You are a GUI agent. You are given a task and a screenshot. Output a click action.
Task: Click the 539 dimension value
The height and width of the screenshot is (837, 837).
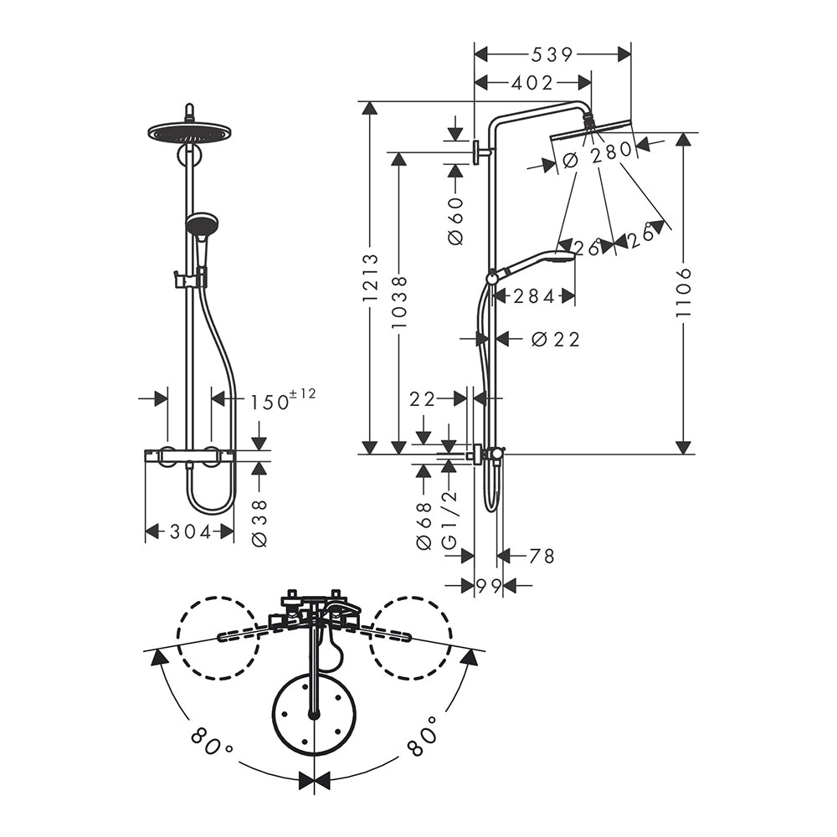pos(552,54)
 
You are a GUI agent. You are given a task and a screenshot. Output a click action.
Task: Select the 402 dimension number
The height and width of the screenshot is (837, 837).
pos(532,83)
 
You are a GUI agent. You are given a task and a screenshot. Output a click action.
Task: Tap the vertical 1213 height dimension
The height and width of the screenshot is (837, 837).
pos(371,278)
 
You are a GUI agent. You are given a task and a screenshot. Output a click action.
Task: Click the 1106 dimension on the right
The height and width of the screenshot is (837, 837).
pos(684,292)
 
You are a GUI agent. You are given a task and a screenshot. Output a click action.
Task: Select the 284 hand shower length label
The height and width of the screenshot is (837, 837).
pos(534,296)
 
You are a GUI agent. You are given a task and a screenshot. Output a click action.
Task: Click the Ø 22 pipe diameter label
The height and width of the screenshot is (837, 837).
pos(556,339)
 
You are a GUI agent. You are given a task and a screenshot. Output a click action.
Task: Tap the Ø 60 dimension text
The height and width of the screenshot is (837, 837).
pos(456,220)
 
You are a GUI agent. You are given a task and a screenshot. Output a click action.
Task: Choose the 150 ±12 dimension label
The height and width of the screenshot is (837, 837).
pos(283,399)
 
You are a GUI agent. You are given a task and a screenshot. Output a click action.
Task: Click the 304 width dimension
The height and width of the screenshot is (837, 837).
pos(191,531)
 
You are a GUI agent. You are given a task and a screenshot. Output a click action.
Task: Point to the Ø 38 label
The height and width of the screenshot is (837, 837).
pos(259,523)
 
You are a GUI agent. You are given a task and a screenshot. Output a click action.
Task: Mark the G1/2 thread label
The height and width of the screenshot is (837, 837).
pos(449,520)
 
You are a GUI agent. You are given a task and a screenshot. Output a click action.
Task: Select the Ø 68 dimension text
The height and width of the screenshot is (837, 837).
pos(424,526)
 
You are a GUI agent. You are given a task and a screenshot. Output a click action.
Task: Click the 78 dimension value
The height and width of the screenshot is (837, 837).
pos(542,557)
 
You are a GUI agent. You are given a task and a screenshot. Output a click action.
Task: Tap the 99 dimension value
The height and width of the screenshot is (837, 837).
pos(489,586)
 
